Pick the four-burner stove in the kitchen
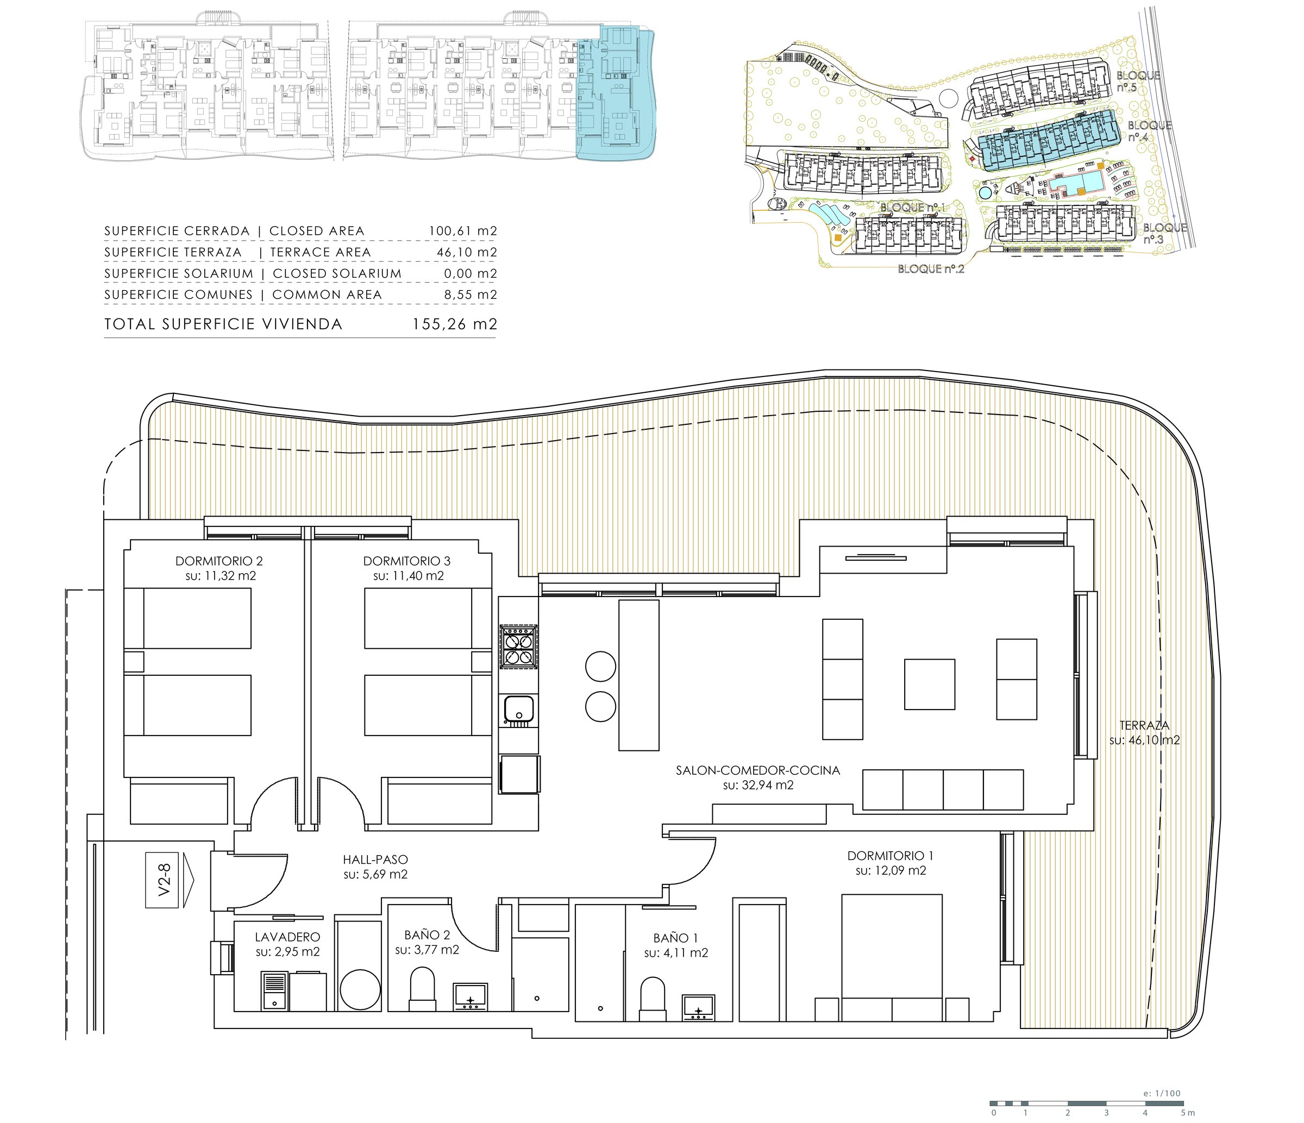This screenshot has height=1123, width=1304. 518,646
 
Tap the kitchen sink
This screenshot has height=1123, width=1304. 519,709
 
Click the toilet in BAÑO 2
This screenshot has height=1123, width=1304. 422,988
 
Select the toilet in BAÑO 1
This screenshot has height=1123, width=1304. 653,999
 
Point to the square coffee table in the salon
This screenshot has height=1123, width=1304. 930,685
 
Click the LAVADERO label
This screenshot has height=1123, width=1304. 287,937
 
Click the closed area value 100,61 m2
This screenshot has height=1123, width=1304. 462,231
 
